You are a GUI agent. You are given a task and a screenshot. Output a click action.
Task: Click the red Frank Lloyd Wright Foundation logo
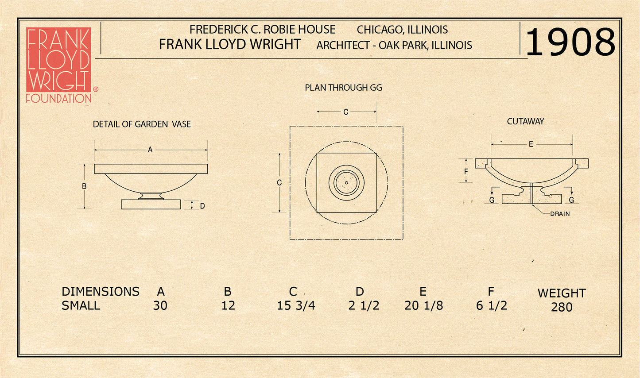pyautogui.click(x=58, y=65)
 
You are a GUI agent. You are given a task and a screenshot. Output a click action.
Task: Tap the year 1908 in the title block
pyautogui.click(x=570, y=42)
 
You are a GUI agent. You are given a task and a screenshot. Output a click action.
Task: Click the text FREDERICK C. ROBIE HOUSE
pyautogui.click(x=262, y=30)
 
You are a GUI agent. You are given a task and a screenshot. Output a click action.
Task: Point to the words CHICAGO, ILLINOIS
pyautogui.click(x=402, y=30)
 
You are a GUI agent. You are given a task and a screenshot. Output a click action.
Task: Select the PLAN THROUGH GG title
pyautogui.click(x=343, y=88)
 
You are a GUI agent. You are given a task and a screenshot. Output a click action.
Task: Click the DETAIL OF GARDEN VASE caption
pyautogui.click(x=142, y=124)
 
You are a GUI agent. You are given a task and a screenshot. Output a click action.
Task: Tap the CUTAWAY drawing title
pyautogui.click(x=525, y=121)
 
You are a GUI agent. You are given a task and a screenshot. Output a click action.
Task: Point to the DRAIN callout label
pyautogui.click(x=560, y=214)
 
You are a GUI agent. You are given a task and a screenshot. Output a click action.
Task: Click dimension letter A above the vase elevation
pyautogui.click(x=150, y=150)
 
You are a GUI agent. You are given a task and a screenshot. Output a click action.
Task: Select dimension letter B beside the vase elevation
pyautogui.click(x=84, y=186)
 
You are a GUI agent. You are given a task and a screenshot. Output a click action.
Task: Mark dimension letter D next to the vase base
pyautogui.click(x=202, y=206)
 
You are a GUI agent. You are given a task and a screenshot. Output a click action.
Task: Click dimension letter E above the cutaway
pyautogui.click(x=531, y=144)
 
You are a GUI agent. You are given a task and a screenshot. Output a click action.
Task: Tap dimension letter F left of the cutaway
pyautogui.click(x=466, y=172)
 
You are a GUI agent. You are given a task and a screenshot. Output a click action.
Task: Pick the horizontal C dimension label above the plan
pyautogui.click(x=346, y=112)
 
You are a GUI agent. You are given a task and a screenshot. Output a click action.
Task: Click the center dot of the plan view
pyautogui.click(x=346, y=182)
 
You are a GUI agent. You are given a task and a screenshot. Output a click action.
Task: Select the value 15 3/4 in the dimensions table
pyautogui.click(x=296, y=305)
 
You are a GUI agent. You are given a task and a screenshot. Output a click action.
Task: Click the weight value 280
pyautogui.click(x=562, y=307)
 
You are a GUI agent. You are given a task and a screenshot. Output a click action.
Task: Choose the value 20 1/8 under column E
pyautogui.click(x=423, y=305)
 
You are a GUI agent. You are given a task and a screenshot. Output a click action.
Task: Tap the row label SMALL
pyautogui.click(x=81, y=305)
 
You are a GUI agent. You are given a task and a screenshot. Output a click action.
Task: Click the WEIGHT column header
pyautogui.click(x=562, y=293)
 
